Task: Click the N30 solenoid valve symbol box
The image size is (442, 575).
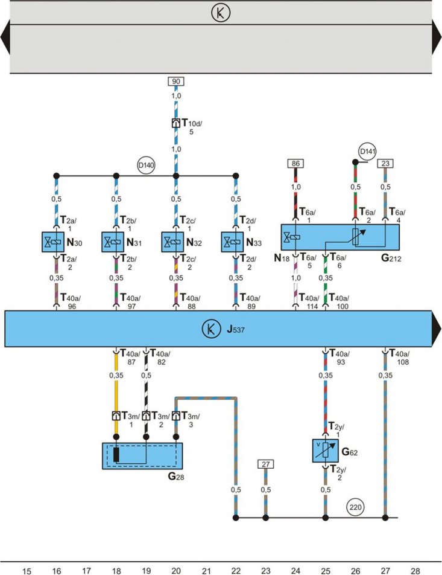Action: pyautogui.click(x=53, y=242)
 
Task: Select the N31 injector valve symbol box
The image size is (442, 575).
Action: pyautogui.click(x=113, y=242)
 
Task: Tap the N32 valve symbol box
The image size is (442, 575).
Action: pyautogui.click(x=172, y=242)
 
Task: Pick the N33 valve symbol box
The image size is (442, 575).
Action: pyautogui.click(x=233, y=242)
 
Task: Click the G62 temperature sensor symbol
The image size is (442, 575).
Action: pyautogui.click(x=325, y=451)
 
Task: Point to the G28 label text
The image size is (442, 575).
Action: pyautogui.click(x=175, y=477)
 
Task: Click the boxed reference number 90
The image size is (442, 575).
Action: pyautogui.click(x=176, y=81)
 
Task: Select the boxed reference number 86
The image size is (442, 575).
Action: pyautogui.click(x=295, y=164)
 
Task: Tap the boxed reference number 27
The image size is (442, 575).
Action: pyautogui.click(x=265, y=464)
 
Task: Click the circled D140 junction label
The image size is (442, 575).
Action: pyautogui.click(x=146, y=165)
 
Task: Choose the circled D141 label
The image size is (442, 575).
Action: pyautogui.click(x=368, y=152)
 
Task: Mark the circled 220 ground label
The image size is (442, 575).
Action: pyautogui.click(x=355, y=507)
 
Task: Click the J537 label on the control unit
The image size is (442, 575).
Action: pyautogui.click(x=235, y=329)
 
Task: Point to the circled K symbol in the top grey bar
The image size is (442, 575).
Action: pyautogui.click(x=221, y=13)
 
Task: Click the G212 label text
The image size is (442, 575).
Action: pyautogui.click(x=391, y=258)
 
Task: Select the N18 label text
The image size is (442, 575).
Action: pyautogui.click(x=282, y=258)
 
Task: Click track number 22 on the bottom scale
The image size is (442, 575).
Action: pyautogui.click(x=236, y=571)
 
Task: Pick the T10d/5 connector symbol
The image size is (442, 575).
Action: pyautogui.click(x=175, y=123)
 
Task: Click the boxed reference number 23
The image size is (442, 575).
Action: pyautogui.click(x=385, y=164)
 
